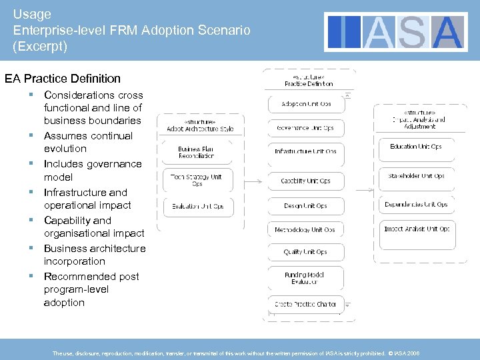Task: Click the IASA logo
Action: click(395, 32)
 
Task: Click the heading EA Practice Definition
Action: click(63, 79)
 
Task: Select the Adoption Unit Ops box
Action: click(306, 104)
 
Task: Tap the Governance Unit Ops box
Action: click(306, 127)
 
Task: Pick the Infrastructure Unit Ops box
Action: click(306, 151)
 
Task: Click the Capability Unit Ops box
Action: click(306, 181)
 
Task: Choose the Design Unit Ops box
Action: click(306, 206)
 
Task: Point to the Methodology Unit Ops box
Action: click(306, 230)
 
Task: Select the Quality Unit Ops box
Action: click(306, 252)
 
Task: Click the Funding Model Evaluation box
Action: click(306, 278)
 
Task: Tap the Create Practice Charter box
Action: click(306, 305)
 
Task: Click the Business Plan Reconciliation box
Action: click(196, 153)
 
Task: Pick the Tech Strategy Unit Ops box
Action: click(196, 180)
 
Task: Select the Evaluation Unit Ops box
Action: click(196, 207)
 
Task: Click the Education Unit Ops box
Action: click(416, 147)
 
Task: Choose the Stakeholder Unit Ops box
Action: click(416, 176)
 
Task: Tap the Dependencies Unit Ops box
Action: click(416, 205)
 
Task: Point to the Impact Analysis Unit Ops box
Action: click(416, 229)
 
